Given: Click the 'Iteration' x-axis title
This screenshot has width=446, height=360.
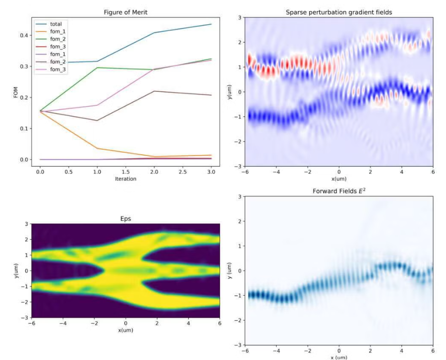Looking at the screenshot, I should point(126,179).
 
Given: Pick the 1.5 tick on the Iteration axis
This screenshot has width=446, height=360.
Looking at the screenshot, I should point(126,172).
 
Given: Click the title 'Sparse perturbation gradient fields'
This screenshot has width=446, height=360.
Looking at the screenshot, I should point(339,12).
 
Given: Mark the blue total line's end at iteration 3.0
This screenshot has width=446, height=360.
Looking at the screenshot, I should point(211,24).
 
